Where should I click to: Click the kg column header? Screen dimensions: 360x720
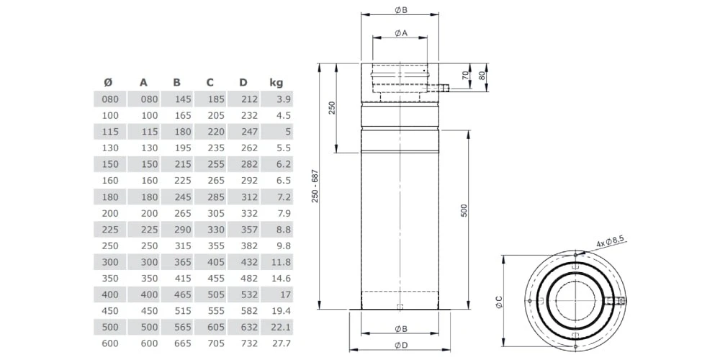(x=276, y=82)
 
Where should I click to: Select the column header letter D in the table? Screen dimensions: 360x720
(x=243, y=82)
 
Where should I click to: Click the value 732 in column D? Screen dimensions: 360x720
(x=248, y=343)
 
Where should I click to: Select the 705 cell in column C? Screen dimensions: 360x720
(x=215, y=343)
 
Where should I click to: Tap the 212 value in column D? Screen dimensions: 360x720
(x=248, y=99)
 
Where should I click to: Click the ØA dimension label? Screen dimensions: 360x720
(x=401, y=33)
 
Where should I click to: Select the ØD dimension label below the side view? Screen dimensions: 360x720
(x=401, y=346)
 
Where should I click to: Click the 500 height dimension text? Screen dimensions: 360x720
(x=464, y=210)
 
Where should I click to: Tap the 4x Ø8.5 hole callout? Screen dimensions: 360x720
(x=609, y=244)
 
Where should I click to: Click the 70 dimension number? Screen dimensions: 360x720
(x=466, y=74)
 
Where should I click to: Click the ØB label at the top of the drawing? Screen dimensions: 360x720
(x=401, y=10)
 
